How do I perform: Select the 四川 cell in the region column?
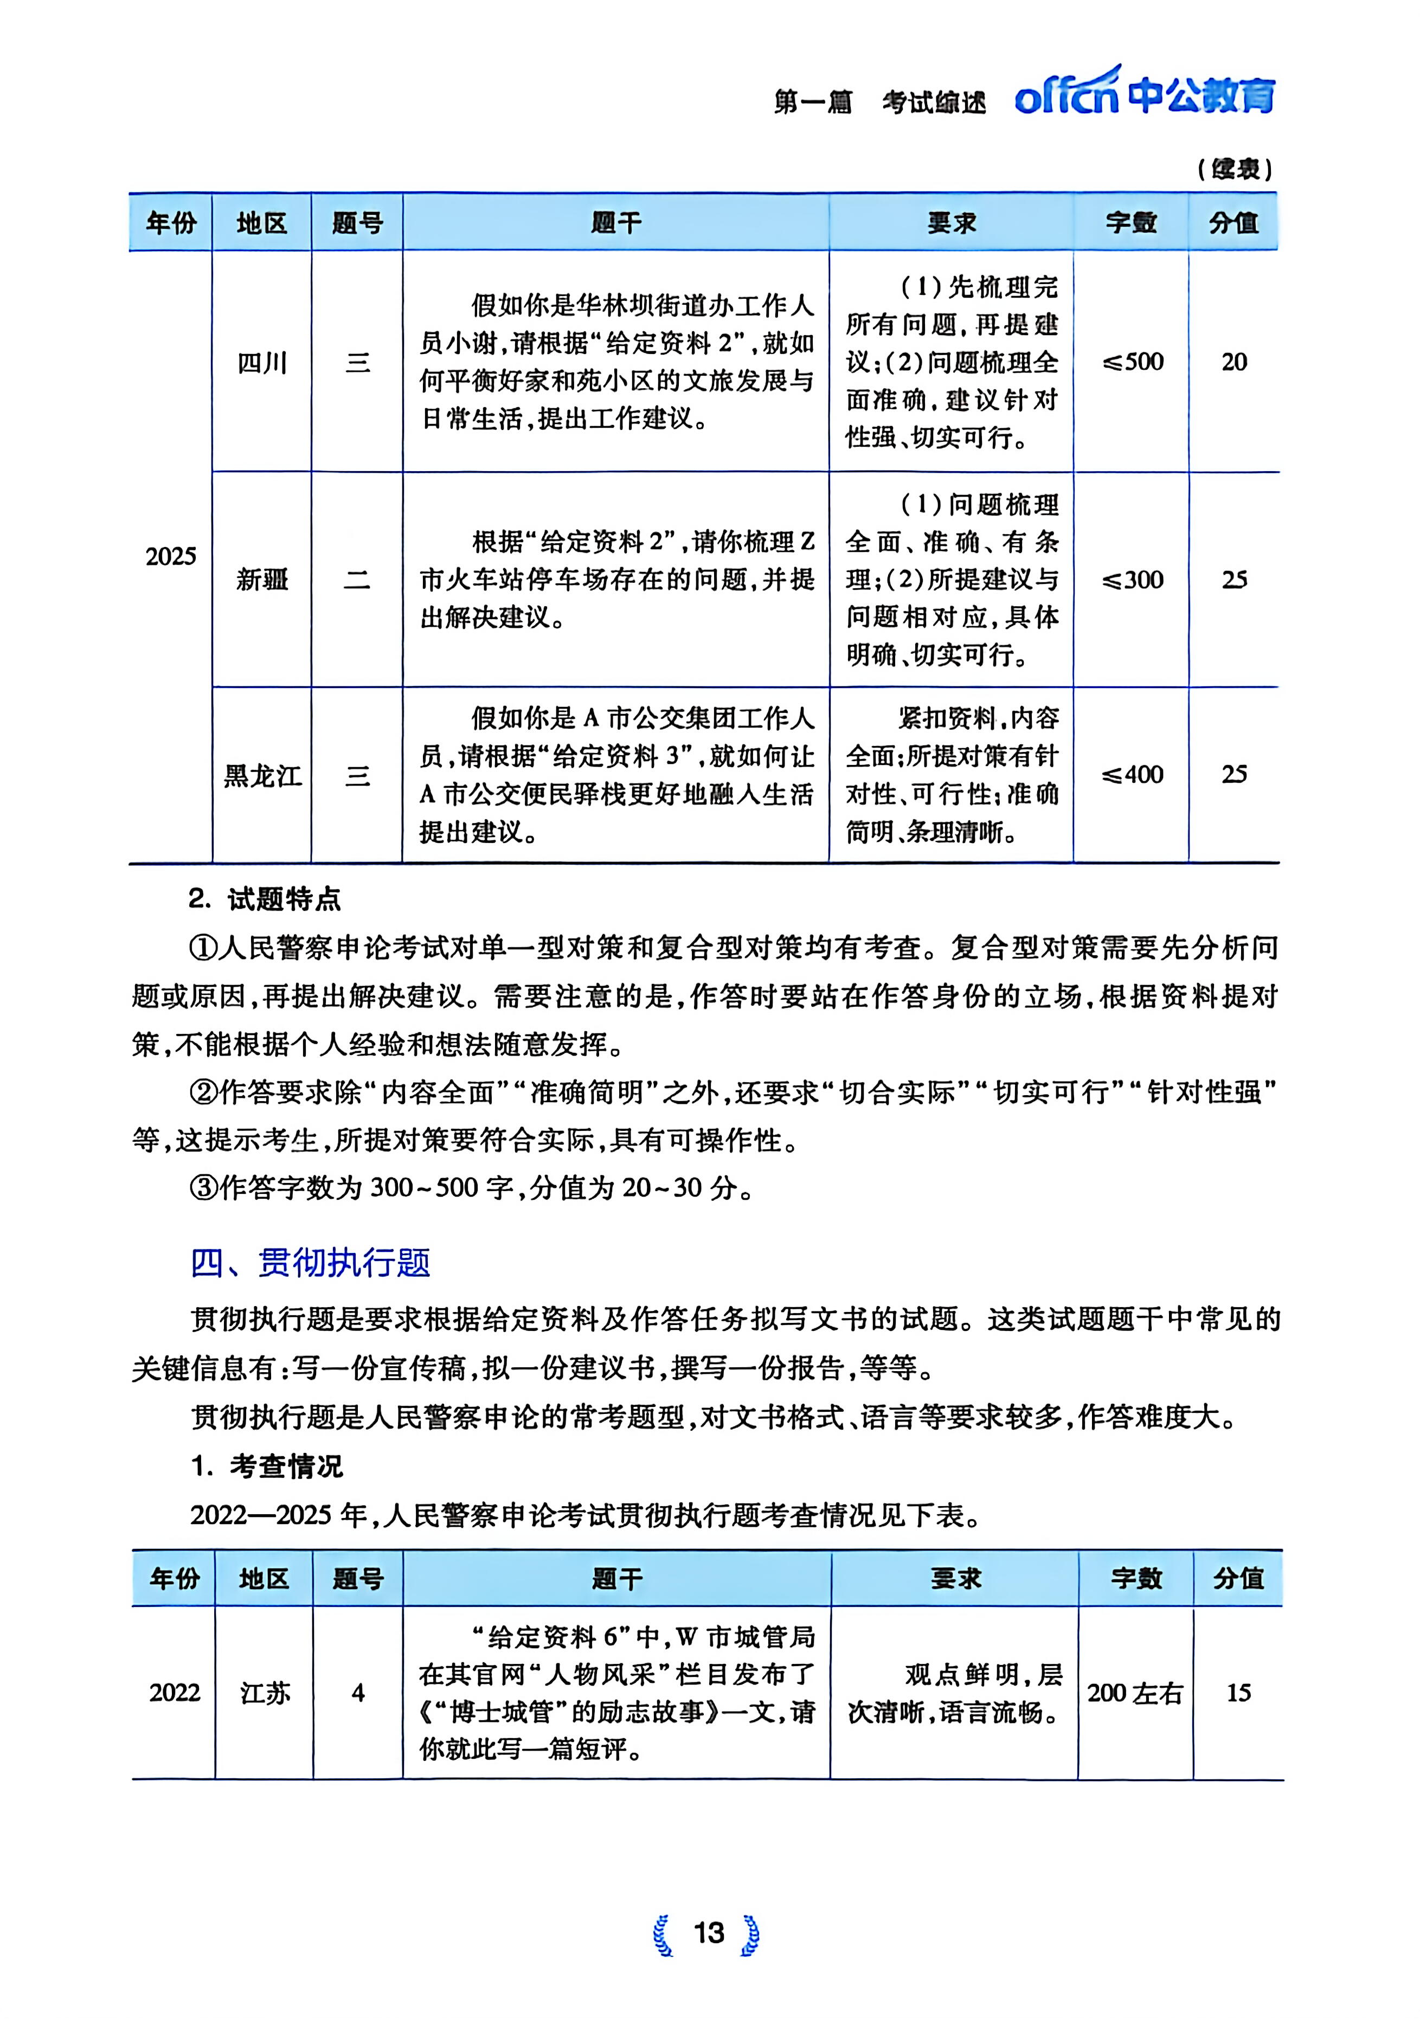click(262, 362)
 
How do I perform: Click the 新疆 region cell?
click(262, 580)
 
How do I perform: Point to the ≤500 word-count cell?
click(1133, 362)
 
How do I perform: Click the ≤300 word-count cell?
click(1133, 580)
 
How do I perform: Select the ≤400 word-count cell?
click(1133, 775)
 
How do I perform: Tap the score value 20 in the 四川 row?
click(1233, 362)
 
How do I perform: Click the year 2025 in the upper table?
click(171, 556)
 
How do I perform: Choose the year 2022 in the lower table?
click(174, 1692)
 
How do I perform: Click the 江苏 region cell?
click(265, 1692)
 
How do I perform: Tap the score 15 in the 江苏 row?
click(1238, 1692)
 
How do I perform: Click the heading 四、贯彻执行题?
click(310, 1262)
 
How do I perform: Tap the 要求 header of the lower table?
click(955, 1578)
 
